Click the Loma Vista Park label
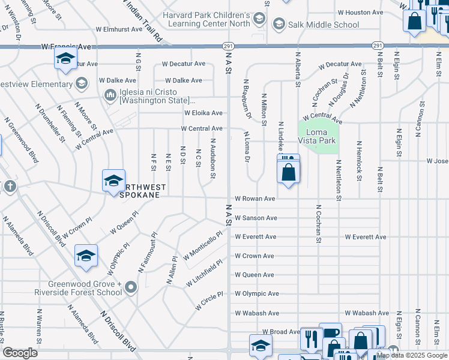pos(318,135)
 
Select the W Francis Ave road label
pos(66,46)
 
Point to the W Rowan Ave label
pos(255,199)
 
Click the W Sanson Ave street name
pos(256,218)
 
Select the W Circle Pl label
pos(209,301)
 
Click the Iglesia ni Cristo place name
pos(154,95)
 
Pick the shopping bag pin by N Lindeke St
pos(289,173)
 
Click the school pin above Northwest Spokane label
pos(113,181)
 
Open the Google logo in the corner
pos(20,353)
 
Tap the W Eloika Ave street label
pos(203,113)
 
